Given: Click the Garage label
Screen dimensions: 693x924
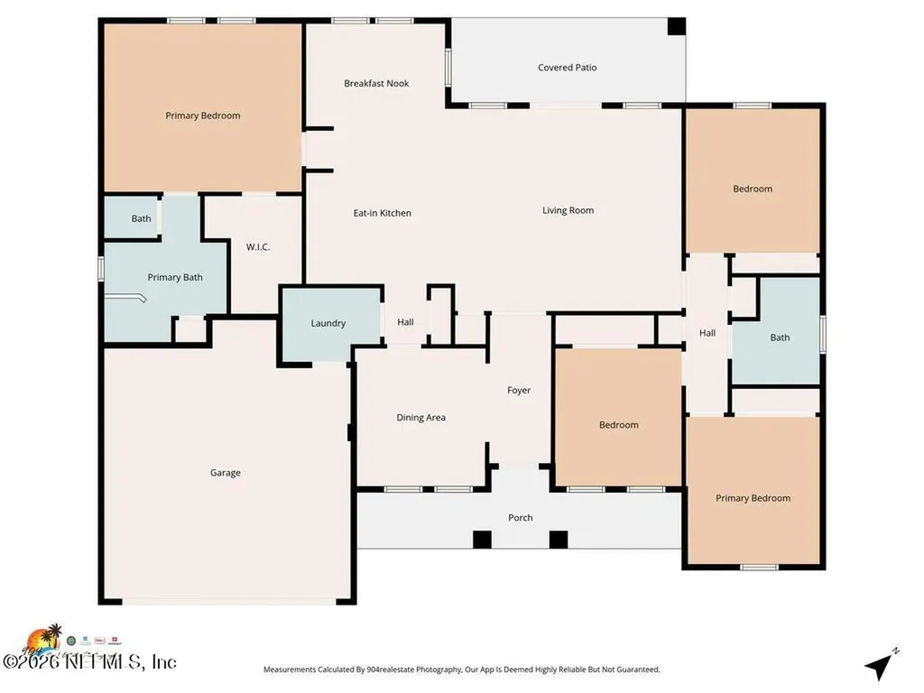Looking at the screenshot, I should tap(226, 473).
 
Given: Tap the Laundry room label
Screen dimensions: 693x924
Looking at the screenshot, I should tap(328, 323).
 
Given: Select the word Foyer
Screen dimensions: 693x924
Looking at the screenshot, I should tap(519, 391).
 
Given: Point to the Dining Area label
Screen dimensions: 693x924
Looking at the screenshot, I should tap(421, 418).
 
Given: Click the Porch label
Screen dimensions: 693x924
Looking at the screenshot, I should tap(521, 518).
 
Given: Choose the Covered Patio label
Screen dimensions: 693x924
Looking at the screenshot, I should tap(568, 68).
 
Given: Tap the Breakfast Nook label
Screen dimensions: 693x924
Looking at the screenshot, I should tap(376, 84).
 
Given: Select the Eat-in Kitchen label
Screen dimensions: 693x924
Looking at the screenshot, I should tap(382, 214).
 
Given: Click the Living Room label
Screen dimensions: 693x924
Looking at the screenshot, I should tap(568, 211).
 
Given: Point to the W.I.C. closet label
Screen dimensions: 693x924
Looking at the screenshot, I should tap(258, 247).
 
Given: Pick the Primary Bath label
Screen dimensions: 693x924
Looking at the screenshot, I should tap(175, 278).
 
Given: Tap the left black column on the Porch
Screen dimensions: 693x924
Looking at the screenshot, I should tap(482, 540).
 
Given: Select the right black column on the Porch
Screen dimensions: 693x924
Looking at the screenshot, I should tap(559, 540).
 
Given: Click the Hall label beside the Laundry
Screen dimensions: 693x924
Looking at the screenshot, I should tap(406, 322).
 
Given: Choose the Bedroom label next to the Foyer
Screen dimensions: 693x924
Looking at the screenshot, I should tap(619, 425).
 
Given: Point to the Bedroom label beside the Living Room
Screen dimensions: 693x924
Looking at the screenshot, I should tap(753, 189).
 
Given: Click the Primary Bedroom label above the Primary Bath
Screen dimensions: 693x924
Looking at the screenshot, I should tap(203, 115).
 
